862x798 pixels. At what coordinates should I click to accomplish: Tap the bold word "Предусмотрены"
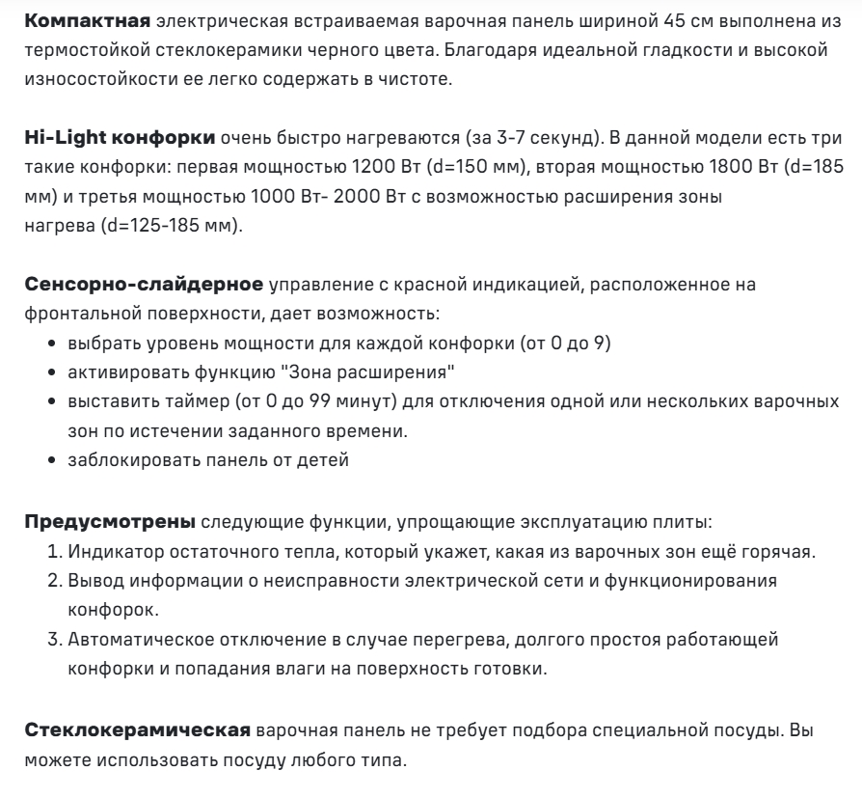[109, 522]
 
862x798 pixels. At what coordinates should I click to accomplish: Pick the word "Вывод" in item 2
[91, 582]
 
